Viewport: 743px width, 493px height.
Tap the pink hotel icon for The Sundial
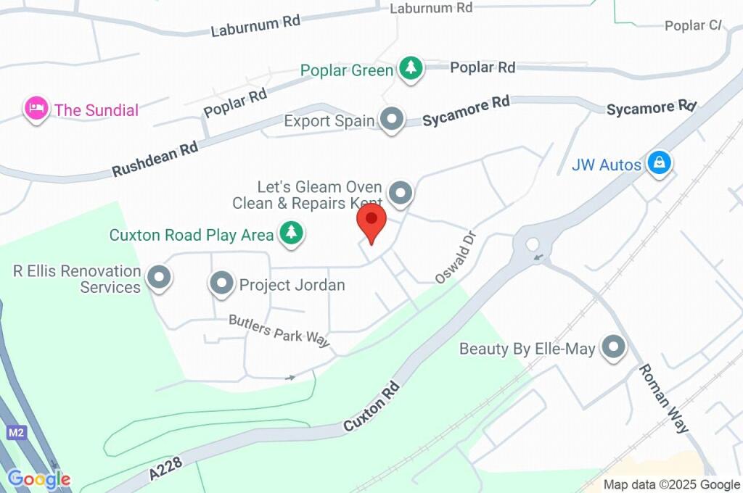[x=36, y=109]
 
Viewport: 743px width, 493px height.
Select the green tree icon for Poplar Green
[x=411, y=69]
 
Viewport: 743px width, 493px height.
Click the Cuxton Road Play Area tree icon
[x=292, y=233]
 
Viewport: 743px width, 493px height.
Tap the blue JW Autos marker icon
[x=659, y=163]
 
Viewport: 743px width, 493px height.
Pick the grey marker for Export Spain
[x=392, y=120]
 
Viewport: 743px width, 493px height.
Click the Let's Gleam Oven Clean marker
[x=400, y=194]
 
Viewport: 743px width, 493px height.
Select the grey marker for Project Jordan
[x=221, y=284]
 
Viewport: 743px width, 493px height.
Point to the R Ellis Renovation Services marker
[x=157, y=277]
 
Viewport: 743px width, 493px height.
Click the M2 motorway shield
[x=17, y=433]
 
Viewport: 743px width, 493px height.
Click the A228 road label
[x=163, y=466]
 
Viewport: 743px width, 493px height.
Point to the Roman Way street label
[x=663, y=398]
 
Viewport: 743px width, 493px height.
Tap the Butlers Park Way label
[x=279, y=331]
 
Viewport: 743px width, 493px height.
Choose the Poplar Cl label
[x=694, y=25]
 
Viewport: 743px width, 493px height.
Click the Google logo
[x=39, y=479]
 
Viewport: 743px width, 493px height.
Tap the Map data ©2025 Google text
[x=672, y=484]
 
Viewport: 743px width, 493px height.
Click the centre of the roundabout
[x=533, y=244]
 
